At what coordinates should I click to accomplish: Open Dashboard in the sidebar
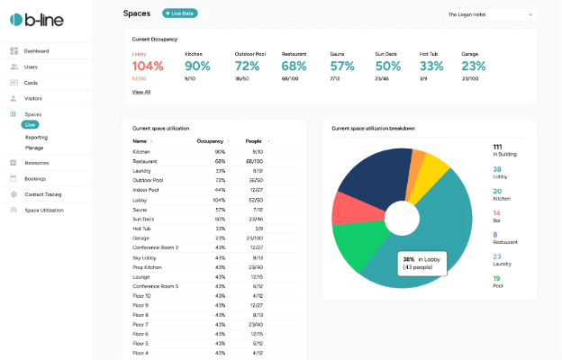coord(36,51)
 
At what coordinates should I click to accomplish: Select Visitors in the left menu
coord(32,98)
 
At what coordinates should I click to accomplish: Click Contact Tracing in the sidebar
coord(42,194)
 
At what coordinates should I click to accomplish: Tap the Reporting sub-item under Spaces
coord(36,137)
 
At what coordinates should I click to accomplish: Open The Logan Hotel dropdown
coord(490,14)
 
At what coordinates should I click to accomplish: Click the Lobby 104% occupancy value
coord(149,66)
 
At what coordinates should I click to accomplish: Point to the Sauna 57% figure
coord(342,66)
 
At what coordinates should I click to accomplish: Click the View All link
coord(141,92)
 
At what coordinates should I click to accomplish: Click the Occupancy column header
coord(210,141)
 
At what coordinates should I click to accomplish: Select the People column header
coord(256,141)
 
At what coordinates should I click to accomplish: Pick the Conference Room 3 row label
coord(155,247)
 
